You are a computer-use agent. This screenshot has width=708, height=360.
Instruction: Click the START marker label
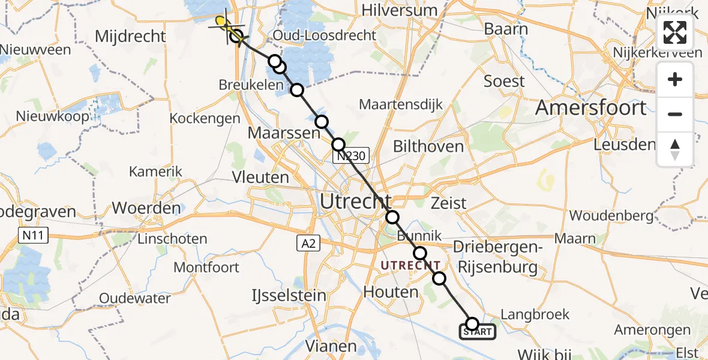(478, 332)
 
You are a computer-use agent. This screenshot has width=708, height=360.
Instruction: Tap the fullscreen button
(675, 32)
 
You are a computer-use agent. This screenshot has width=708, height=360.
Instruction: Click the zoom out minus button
(675, 114)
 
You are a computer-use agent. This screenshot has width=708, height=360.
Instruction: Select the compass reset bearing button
(675, 149)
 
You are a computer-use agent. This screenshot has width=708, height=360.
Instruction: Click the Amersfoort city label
(590, 108)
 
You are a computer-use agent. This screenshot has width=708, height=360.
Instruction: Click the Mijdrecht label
(130, 37)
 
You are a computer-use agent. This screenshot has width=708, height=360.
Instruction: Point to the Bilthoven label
(428, 146)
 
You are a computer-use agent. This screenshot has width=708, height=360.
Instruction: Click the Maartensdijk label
(401, 104)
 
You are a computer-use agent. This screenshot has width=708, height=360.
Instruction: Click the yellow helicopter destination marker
(223, 23)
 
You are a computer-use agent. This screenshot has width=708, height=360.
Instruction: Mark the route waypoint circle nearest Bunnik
(420, 253)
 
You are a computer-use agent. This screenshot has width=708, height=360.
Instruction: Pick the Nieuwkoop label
(53, 116)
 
